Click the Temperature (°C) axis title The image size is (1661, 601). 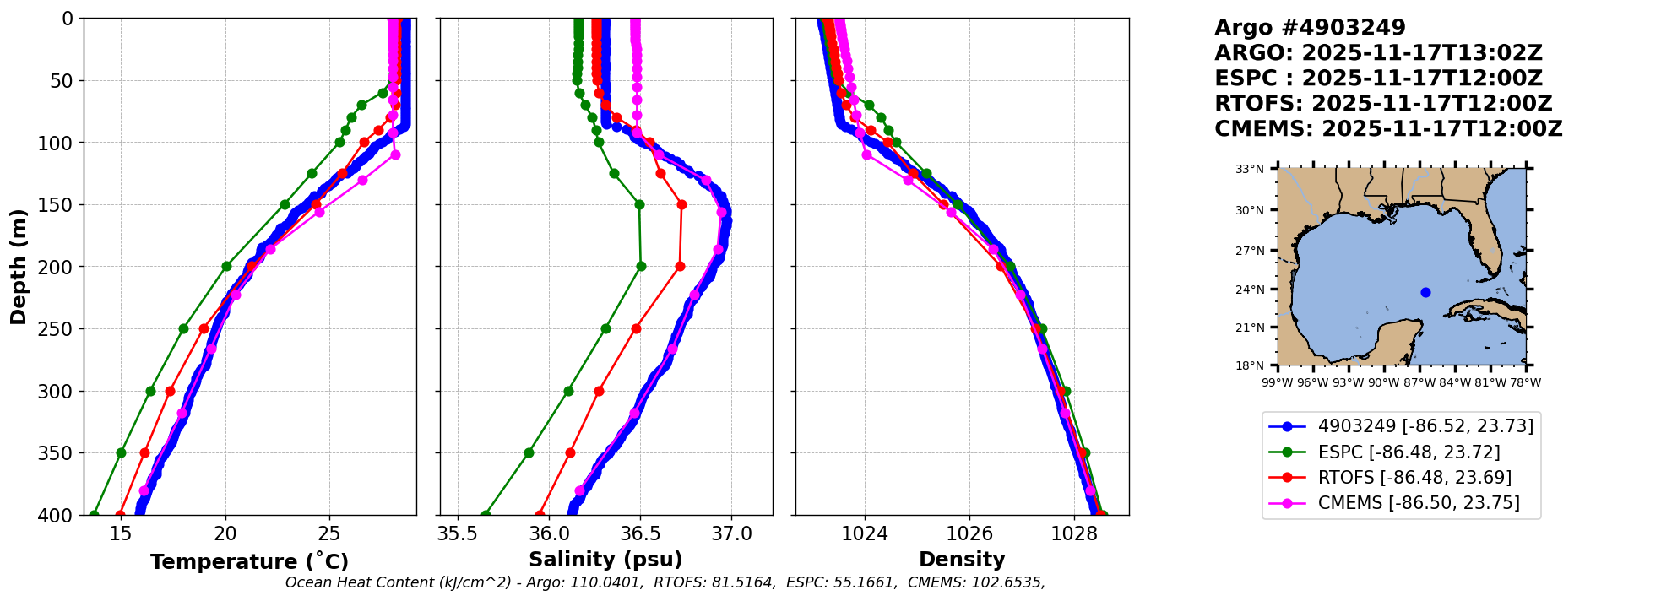coord(249,561)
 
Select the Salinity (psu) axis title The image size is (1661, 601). coord(605,559)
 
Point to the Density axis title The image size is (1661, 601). coord(962,559)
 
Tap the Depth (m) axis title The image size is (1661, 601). coord(19,267)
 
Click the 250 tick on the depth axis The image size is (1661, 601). coord(61,329)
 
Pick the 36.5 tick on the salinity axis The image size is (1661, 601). coord(640,533)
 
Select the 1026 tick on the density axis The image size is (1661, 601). coord(969,533)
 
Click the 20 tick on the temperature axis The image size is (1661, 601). coord(225,533)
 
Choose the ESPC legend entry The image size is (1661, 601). coord(1409,452)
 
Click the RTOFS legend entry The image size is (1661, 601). coord(1414,478)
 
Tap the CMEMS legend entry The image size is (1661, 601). coord(1419,503)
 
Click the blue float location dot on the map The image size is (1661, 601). coord(1425,292)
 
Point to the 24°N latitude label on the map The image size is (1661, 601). coord(1250,290)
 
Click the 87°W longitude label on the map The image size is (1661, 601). coord(1419,382)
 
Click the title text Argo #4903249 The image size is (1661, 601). coord(1310,28)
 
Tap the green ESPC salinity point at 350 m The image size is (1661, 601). coord(529,452)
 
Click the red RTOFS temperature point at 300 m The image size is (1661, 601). coord(170,391)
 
